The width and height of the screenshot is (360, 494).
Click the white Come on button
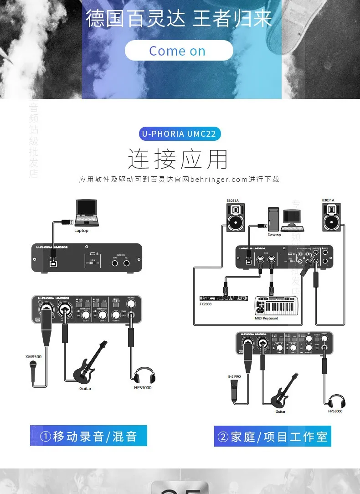[179, 51]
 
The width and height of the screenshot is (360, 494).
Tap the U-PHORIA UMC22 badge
[180, 134]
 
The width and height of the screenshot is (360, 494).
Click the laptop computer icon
[87, 213]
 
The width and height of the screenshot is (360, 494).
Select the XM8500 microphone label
[33, 357]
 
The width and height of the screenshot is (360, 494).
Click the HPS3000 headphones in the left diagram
[143, 375]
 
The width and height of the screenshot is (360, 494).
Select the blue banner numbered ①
[88, 436]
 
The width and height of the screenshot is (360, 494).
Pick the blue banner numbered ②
[273, 437]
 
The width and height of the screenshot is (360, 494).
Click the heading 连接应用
[178, 159]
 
